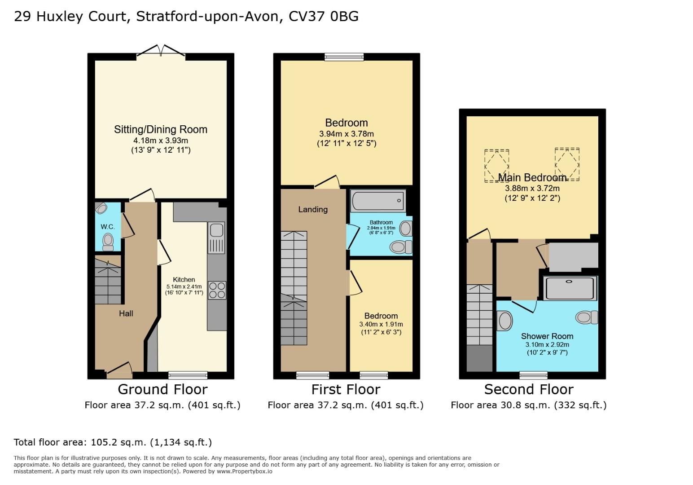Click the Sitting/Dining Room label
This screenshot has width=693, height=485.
(161, 129)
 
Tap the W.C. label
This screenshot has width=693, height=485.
(108, 227)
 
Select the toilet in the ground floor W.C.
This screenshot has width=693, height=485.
(108, 242)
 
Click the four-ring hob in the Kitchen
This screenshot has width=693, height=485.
(217, 290)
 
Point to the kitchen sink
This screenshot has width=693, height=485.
(216, 238)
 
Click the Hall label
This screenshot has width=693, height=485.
(126, 313)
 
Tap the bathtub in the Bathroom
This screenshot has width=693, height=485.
(378, 201)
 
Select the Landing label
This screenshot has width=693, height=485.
(313, 210)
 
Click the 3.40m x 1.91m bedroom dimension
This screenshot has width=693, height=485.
(381, 324)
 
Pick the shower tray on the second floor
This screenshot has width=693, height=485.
(570, 288)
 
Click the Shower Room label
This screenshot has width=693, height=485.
(547, 336)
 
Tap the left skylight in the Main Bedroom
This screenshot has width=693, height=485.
(496, 166)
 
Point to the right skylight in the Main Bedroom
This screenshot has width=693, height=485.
(567, 164)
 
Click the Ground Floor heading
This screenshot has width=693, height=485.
(162, 389)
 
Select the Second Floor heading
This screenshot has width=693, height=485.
(529, 389)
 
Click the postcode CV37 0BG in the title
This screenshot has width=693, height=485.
(324, 17)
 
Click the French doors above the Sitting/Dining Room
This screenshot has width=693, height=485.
(161, 51)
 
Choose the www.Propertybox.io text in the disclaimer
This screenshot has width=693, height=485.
(245, 472)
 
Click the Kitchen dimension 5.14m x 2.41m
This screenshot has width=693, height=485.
(184, 287)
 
